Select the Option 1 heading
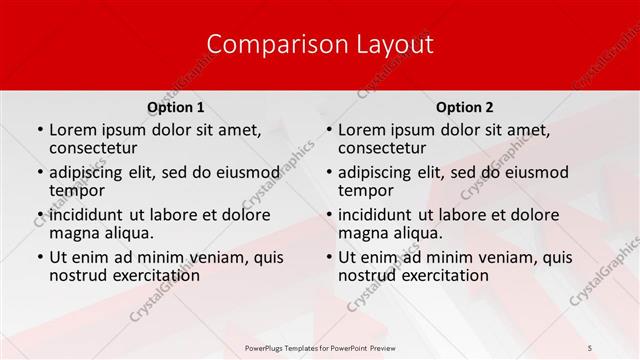pos(176,107)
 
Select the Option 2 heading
pos(465,107)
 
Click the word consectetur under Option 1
pos(96,148)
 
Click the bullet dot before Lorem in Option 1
pos(39,131)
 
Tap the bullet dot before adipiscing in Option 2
pos(328,173)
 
